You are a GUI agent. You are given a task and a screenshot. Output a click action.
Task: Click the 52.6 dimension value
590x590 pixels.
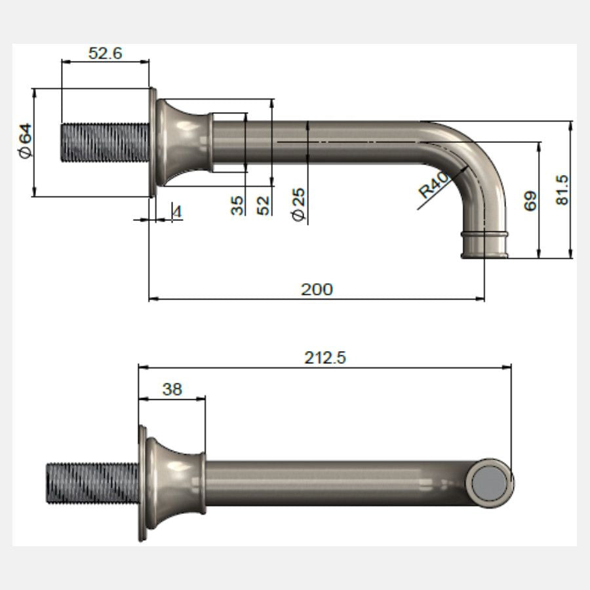(106, 53)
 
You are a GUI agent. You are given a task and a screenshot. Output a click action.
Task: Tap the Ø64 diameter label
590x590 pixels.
(25, 142)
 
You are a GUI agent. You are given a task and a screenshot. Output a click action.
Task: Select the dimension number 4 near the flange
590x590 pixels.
(176, 211)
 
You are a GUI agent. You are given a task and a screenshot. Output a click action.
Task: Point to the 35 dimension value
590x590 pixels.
(237, 205)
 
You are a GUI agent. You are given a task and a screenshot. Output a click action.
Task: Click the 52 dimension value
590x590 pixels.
(264, 205)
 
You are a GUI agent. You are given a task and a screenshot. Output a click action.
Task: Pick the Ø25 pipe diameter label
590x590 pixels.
(299, 205)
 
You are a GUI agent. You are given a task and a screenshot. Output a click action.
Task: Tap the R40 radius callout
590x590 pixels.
(433, 184)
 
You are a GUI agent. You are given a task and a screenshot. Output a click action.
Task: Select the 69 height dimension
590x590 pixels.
(530, 201)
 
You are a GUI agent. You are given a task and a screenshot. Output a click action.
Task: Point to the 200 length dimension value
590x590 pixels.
(317, 288)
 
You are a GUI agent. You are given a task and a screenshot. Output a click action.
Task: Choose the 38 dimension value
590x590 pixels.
(172, 389)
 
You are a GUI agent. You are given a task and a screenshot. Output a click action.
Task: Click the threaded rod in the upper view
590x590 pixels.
(105, 142)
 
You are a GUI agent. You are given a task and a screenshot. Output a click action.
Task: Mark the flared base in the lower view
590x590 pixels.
(173, 484)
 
